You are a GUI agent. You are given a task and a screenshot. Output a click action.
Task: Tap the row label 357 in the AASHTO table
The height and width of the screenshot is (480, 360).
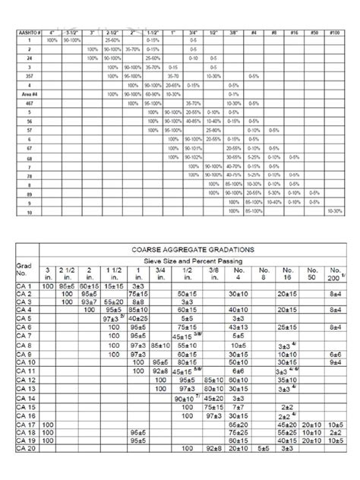pos(28,77)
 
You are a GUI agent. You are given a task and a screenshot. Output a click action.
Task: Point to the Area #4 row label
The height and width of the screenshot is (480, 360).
pos(28,94)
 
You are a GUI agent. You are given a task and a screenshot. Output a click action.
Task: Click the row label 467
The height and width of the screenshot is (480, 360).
pos(28,103)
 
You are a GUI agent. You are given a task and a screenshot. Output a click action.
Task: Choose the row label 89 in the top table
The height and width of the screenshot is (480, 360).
pos(28,196)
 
